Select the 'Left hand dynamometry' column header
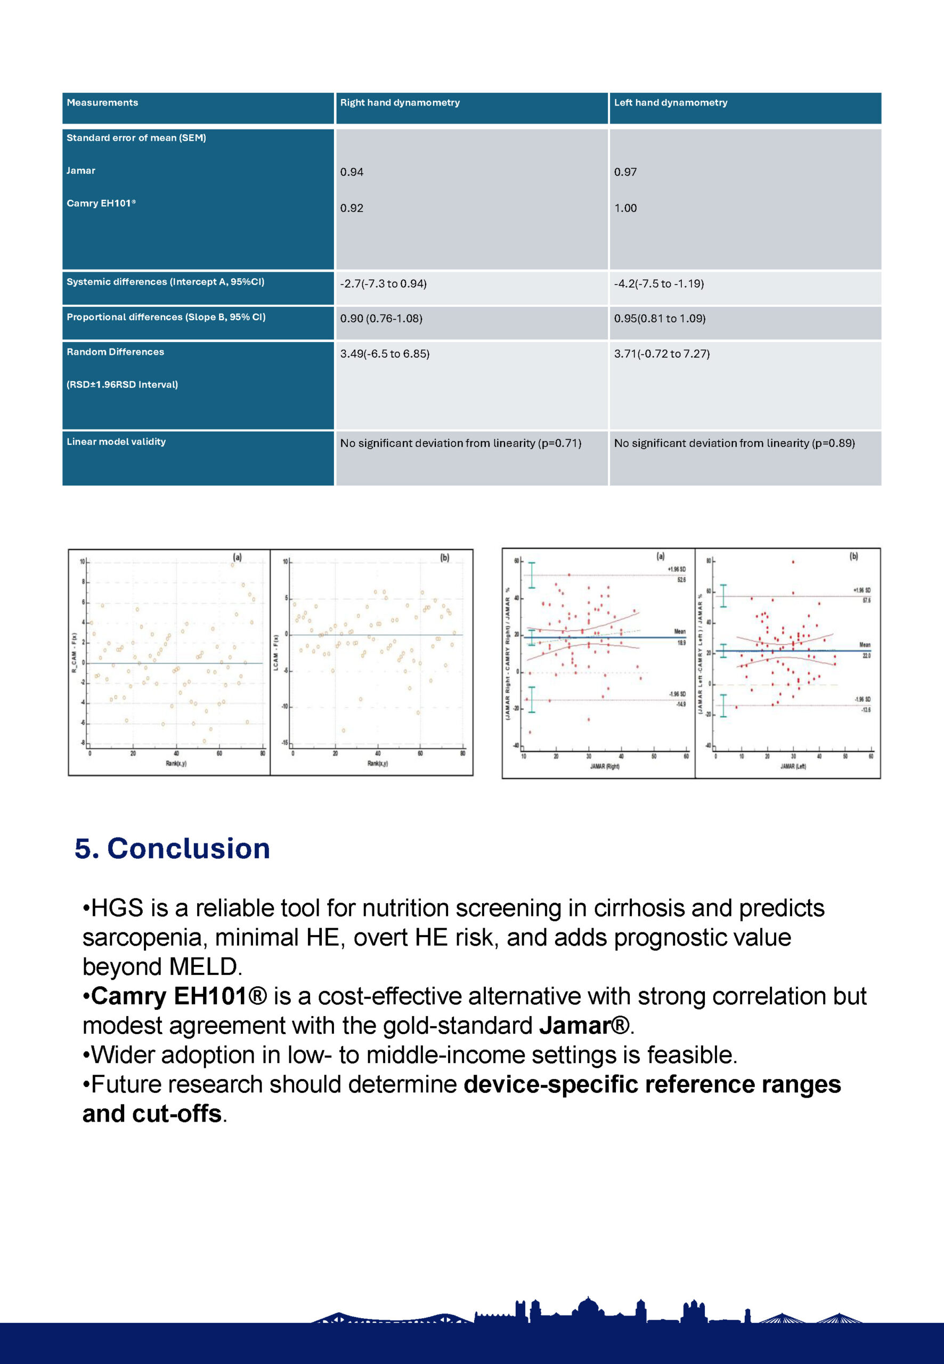click(670, 103)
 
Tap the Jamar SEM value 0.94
click(352, 172)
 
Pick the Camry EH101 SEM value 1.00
click(625, 208)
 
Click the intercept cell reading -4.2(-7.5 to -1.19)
click(658, 284)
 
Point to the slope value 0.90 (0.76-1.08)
click(381, 319)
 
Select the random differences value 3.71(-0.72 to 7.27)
click(661, 354)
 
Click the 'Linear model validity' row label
click(116, 442)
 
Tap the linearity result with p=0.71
click(460, 443)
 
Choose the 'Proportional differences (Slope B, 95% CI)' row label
click(166, 317)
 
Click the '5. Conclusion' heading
click(172, 848)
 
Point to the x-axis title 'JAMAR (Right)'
click(605, 767)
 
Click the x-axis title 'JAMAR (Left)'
click(793, 767)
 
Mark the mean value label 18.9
click(680, 643)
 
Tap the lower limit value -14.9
click(681, 704)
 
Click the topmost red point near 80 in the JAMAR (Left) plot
click(793, 562)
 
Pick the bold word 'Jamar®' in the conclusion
click(584, 1026)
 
